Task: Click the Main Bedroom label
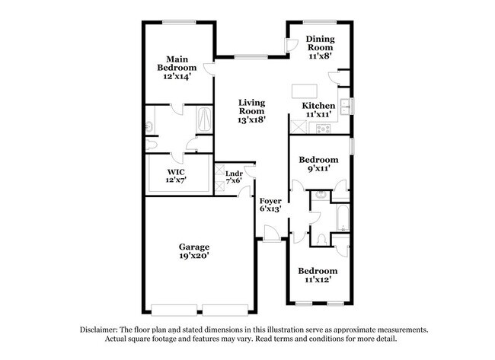177,63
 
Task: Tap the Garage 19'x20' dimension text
194,256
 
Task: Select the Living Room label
251,107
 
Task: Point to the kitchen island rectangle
305,91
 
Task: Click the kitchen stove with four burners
324,129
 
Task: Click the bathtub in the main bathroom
205,119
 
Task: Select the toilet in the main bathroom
152,145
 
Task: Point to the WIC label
176,172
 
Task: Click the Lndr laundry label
234,174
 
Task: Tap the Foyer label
270,201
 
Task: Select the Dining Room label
320,43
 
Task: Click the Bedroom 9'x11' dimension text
319,168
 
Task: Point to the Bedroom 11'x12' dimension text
318,279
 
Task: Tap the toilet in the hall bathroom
321,240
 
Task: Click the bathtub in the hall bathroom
342,218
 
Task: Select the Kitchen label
318,106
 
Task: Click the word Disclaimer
99,330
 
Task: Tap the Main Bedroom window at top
179,22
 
